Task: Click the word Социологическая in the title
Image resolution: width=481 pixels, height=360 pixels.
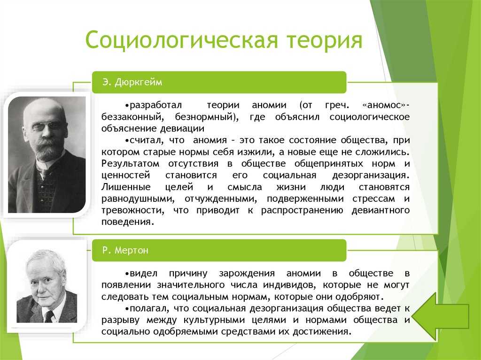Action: (182, 40)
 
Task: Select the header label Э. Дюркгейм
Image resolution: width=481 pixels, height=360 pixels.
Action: (132, 82)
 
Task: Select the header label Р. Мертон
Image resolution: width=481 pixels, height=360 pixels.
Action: (125, 250)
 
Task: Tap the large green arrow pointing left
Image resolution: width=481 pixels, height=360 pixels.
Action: (441, 316)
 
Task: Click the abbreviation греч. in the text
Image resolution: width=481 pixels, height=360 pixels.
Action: (337, 106)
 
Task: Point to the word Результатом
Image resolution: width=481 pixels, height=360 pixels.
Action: (131, 164)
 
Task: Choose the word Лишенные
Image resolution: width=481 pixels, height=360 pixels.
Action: (126, 187)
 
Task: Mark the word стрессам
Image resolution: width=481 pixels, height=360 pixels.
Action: (373, 199)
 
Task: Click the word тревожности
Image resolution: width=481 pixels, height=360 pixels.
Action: (132, 211)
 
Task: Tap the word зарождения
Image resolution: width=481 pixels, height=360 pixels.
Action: (247, 274)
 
